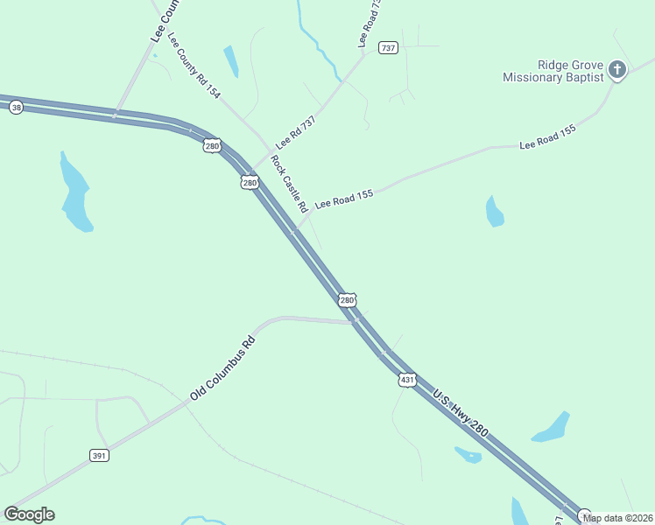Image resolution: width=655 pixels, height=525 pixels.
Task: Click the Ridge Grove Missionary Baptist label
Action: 553,71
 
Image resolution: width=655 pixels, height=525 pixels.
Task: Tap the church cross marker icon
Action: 617,69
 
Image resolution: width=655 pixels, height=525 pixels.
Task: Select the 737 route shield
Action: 388,47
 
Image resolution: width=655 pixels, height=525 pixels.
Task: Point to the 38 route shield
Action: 16,107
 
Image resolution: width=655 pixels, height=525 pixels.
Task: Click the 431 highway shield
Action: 406,380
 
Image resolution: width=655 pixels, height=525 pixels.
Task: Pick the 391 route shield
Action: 99,455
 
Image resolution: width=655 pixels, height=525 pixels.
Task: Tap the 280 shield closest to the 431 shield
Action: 347,300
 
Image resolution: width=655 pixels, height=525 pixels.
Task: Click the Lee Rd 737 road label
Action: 295,131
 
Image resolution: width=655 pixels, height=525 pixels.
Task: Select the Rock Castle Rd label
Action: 288,185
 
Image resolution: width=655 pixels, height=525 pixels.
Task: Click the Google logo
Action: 29,514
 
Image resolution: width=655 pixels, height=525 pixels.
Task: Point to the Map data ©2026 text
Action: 617,518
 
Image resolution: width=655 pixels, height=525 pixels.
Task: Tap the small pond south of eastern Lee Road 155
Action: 495,212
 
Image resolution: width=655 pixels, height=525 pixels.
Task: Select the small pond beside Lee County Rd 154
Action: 231,61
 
